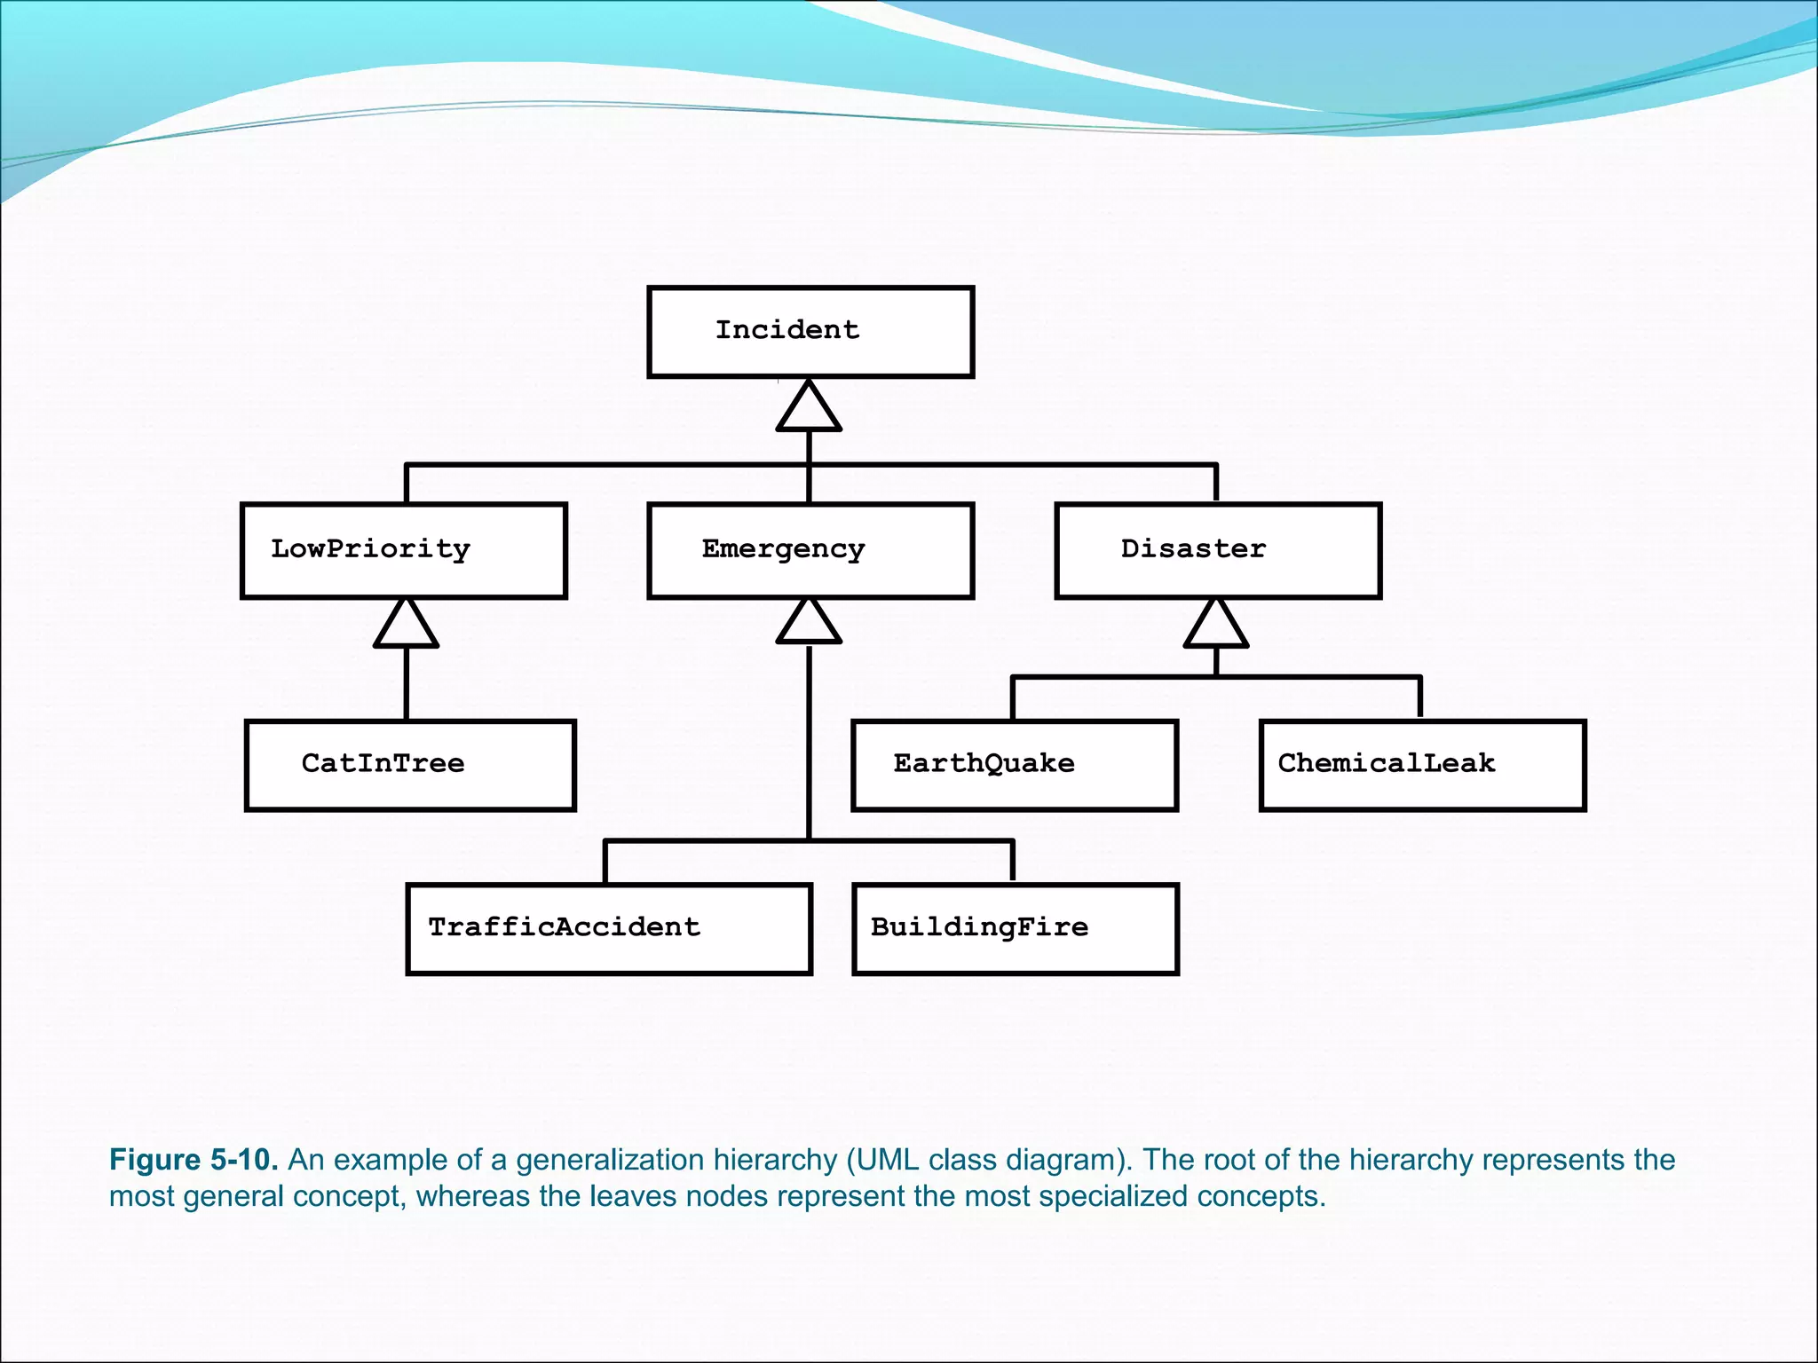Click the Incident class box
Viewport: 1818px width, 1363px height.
coord(810,332)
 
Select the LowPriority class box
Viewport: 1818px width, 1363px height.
coord(404,550)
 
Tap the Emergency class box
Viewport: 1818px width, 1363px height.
coord(810,550)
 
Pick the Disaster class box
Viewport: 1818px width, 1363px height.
coord(1218,550)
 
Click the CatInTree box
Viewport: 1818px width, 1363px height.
coord(410,765)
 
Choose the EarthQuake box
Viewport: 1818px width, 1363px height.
coord(1015,765)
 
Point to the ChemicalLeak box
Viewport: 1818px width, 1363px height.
coord(1422,765)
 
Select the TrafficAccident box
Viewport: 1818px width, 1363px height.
coord(609,928)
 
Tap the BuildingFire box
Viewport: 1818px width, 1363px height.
coord(1016,928)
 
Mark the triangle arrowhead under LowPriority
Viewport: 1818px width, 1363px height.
coord(406,626)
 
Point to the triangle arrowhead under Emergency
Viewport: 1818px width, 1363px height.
coord(809,623)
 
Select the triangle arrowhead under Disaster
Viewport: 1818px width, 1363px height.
coord(1216,626)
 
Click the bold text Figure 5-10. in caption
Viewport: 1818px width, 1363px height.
coord(194,1160)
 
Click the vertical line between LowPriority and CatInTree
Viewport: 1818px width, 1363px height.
coord(407,683)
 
